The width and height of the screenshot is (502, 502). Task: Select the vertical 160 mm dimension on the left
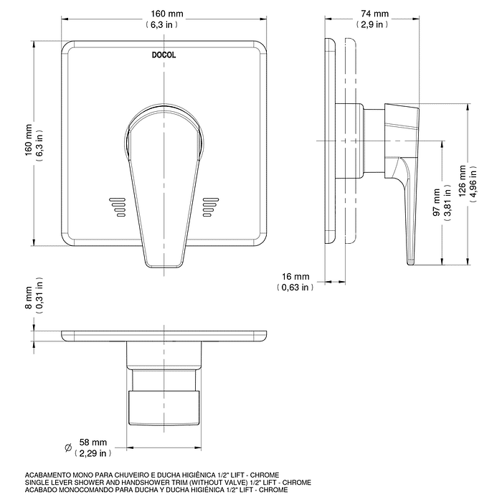pyautogui.click(x=29, y=142)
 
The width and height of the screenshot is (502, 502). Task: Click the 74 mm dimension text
pyautogui.click(x=374, y=14)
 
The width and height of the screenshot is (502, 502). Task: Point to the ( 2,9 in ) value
pyautogui.click(x=374, y=24)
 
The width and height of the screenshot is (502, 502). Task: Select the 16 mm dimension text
pyautogui.click(x=295, y=277)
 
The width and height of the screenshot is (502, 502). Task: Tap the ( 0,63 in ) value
pyautogui.click(x=295, y=288)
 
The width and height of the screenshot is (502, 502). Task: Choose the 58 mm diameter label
pyautogui.click(x=93, y=442)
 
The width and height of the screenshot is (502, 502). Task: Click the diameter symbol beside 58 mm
pyautogui.click(x=68, y=447)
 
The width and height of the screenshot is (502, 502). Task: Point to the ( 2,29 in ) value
pyautogui.click(x=93, y=453)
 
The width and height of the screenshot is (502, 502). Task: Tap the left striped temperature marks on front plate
pyautogui.click(x=117, y=206)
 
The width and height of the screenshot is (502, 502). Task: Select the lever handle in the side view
pyautogui.click(x=407, y=208)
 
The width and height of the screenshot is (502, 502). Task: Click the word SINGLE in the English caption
pyautogui.click(x=37, y=483)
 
